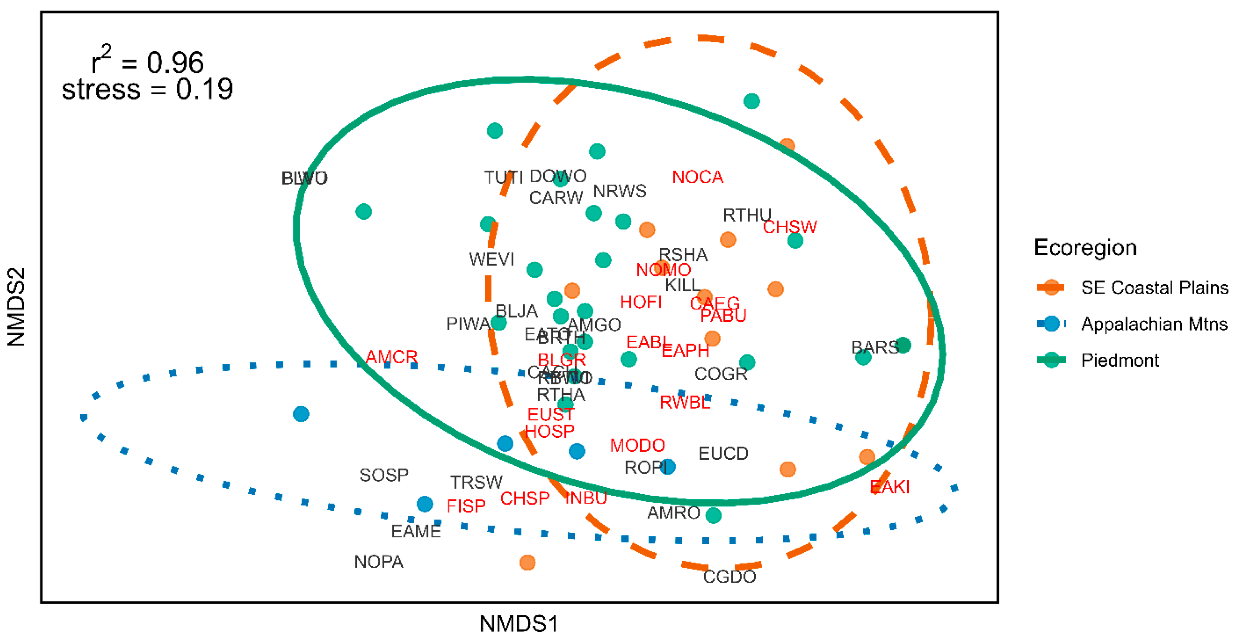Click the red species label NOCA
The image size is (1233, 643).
[697, 177]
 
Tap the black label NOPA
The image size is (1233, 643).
[378, 562]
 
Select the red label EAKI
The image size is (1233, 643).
[889, 487]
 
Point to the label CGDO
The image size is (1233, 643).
[729, 577]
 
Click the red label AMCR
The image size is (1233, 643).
[392, 357]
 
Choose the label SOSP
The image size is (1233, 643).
[384, 475]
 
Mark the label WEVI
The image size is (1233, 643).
[491, 259]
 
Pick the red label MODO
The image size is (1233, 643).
[637, 445]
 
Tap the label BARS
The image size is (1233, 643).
[875, 347]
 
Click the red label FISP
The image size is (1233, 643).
[466, 506]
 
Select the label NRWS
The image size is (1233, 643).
[619, 191]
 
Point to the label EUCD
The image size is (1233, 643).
[723, 454]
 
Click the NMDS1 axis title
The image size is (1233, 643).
[518, 624]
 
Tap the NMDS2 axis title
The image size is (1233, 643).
[16, 307]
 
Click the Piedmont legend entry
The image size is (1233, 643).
[1120, 360]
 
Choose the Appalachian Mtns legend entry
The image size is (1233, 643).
[1153, 324]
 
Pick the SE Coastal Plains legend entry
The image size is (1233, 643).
[1154, 287]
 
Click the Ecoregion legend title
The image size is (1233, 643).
[1085, 248]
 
